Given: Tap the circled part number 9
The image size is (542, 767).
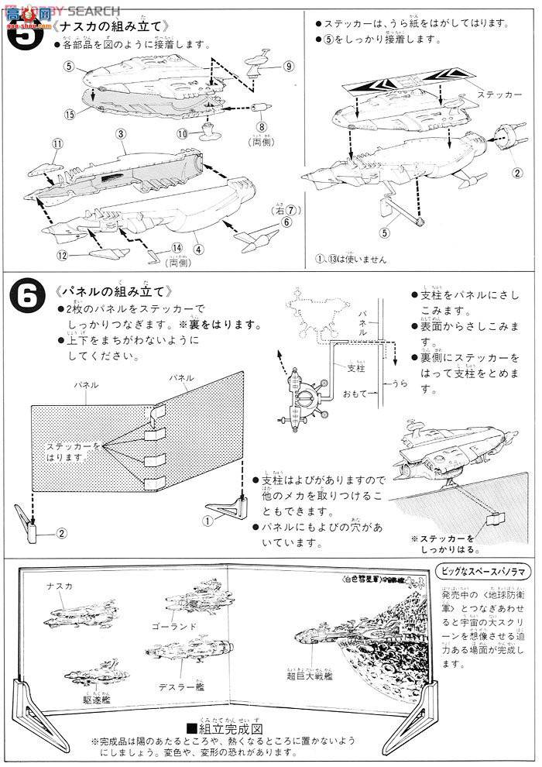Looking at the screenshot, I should click(287, 67).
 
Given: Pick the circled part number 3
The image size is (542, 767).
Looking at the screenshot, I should click(122, 134).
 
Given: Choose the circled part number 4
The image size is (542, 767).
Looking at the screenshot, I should click(199, 249).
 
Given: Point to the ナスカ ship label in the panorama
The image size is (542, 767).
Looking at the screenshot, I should click(59, 586).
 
